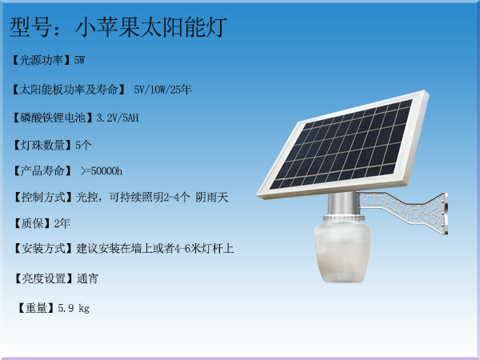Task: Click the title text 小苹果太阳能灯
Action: (x=151, y=27)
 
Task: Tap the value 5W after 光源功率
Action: (x=79, y=60)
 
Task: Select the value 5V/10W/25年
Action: (x=162, y=90)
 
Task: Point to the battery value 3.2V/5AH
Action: (x=118, y=118)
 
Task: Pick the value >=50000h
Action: (x=102, y=171)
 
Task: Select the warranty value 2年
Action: (x=62, y=223)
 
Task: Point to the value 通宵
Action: (x=87, y=278)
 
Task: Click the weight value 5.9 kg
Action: (x=74, y=308)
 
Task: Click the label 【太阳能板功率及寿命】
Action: (x=69, y=90)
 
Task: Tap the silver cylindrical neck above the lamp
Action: (x=342, y=204)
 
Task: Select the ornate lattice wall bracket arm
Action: (x=402, y=210)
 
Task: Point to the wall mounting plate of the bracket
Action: (x=446, y=214)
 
